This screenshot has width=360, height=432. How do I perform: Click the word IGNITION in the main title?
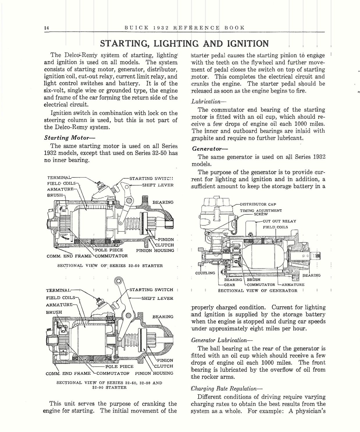pyautogui.click(x=248, y=44)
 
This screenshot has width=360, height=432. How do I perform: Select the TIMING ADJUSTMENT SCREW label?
pyautogui.click(x=261, y=212)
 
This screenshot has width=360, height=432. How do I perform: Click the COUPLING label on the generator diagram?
pyautogui.click(x=205, y=273)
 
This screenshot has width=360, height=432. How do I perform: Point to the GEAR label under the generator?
pyautogui.click(x=229, y=285)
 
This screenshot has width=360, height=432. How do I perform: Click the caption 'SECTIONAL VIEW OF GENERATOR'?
pyautogui.click(x=258, y=291)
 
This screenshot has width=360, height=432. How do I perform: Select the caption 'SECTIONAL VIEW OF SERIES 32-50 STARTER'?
pyautogui.click(x=110, y=266)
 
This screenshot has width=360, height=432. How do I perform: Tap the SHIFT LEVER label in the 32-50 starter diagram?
pyautogui.click(x=158, y=185)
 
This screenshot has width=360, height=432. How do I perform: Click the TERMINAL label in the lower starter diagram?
pyautogui.click(x=58, y=290)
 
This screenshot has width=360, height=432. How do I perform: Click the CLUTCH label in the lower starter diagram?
pyautogui.click(x=163, y=366)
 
